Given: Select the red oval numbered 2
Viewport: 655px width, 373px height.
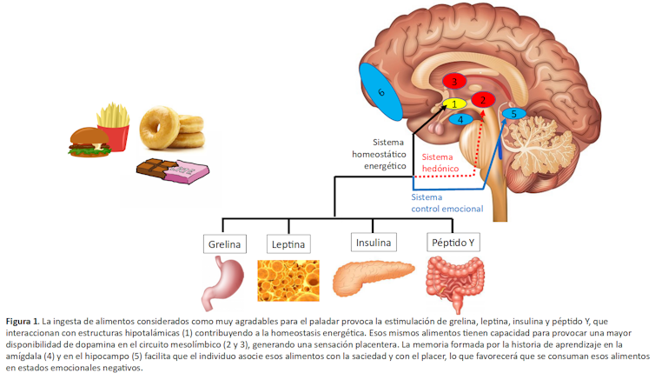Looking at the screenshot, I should pyautogui.click(x=483, y=99).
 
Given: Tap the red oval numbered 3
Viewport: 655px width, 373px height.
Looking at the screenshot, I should pyautogui.click(x=453, y=81).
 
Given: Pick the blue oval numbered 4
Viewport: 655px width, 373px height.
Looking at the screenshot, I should pyautogui.click(x=460, y=120).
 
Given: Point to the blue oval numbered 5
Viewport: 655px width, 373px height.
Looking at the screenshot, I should pyautogui.click(x=513, y=113).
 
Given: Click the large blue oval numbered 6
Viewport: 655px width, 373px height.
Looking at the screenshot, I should pyautogui.click(x=380, y=92).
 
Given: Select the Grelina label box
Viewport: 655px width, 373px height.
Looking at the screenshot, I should pyautogui.click(x=224, y=243).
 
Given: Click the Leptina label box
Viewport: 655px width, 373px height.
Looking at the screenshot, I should pyautogui.click(x=288, y=243).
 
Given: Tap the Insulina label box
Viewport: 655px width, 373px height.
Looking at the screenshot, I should pyautogui.click(x=374, y=241).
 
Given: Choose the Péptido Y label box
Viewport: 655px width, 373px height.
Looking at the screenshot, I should pyautogui.click(x=453, y=241).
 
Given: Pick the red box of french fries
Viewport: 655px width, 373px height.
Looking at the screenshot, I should pyautogui.click(x=114, y=126).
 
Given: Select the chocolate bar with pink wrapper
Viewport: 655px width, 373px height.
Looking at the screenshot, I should pyautogui.click(x=174, y=170).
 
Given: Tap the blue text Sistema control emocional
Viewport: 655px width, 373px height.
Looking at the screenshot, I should pyautogui.click(x=447, y=203).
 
